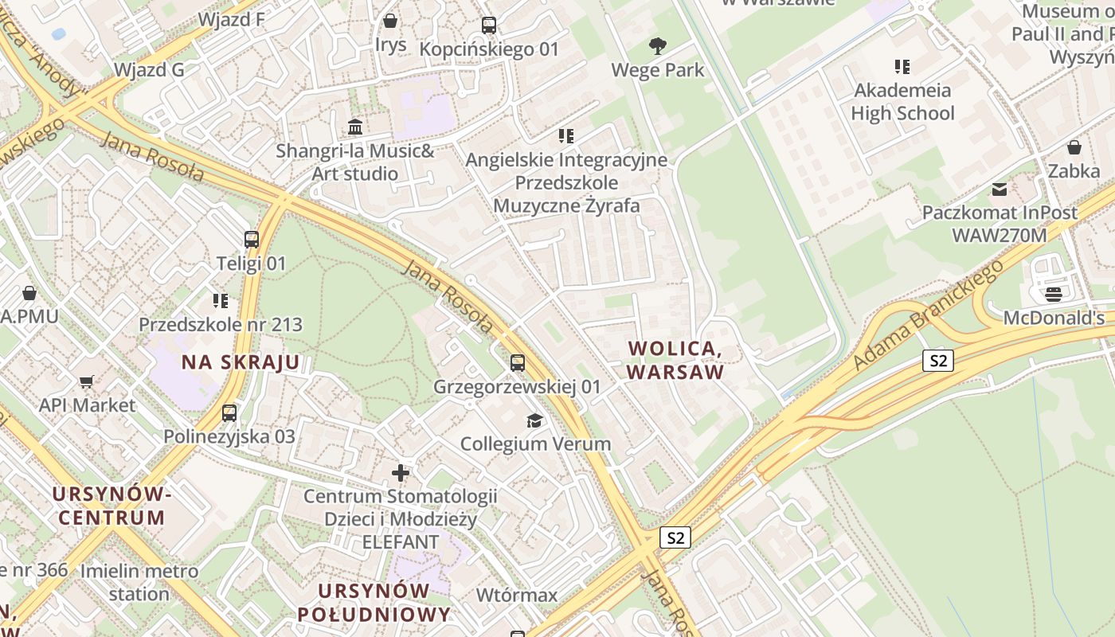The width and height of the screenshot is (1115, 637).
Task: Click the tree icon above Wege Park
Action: (x=657, y=46)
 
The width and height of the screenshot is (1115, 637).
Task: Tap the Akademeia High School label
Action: (x=902, y=101)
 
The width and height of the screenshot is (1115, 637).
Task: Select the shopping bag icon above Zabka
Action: (x=1074, y=147)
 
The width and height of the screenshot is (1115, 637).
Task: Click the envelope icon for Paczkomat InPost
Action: (x=999, y=190)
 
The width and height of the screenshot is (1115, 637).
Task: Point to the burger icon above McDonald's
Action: (x=1053, y=295)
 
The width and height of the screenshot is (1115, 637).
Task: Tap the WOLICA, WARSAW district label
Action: (x=675, y=360)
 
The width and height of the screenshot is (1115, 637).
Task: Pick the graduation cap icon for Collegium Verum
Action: (x=534, y=420)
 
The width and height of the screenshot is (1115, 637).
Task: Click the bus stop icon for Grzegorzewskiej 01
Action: (x=517, y=363)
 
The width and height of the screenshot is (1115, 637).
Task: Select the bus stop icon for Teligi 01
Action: (x=251, y=239)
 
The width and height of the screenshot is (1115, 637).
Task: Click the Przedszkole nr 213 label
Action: (x=221, y=324)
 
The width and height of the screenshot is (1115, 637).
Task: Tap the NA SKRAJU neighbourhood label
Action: (x=241, y=363)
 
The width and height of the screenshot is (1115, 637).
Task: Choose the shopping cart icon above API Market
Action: (x=87, y=382)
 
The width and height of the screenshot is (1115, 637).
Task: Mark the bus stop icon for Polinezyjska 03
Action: (x=229, y=413)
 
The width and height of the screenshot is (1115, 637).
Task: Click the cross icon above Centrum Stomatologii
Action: (x=400, y=474)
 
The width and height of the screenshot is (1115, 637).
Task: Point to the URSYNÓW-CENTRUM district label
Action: (x=111, y=506)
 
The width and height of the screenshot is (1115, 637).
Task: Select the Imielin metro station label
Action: (x=139, y=582)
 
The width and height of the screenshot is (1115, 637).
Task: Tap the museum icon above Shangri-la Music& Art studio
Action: (x=355, y=127)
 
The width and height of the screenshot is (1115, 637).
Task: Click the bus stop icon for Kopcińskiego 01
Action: (x=489, y=25)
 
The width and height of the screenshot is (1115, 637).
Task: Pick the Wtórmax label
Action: (x=516, y=595)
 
